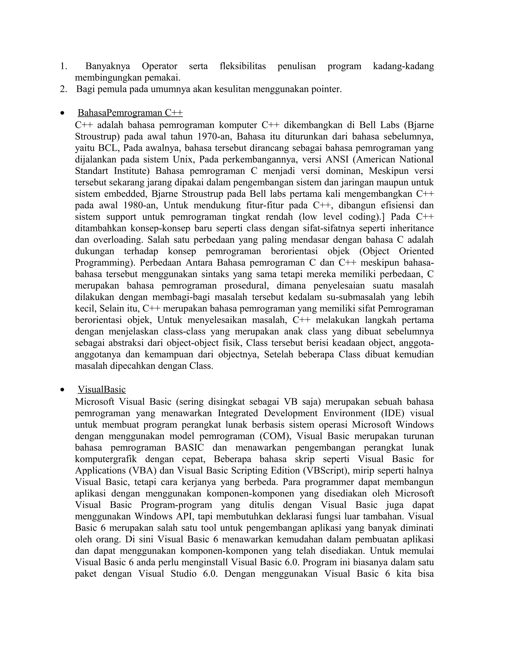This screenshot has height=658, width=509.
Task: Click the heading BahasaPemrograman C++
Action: pyautogui.click(x=130, y=113)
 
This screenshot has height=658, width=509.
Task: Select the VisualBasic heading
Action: pyautogui.click(x=102, y=390)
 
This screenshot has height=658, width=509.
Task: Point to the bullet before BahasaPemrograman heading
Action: pyautogui.click(x=62, y=113)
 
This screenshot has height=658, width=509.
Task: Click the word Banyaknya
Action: pyautogui.click(x=108, y=66)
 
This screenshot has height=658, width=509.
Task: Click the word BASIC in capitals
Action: pyautogui.click(x=189, y=447)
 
